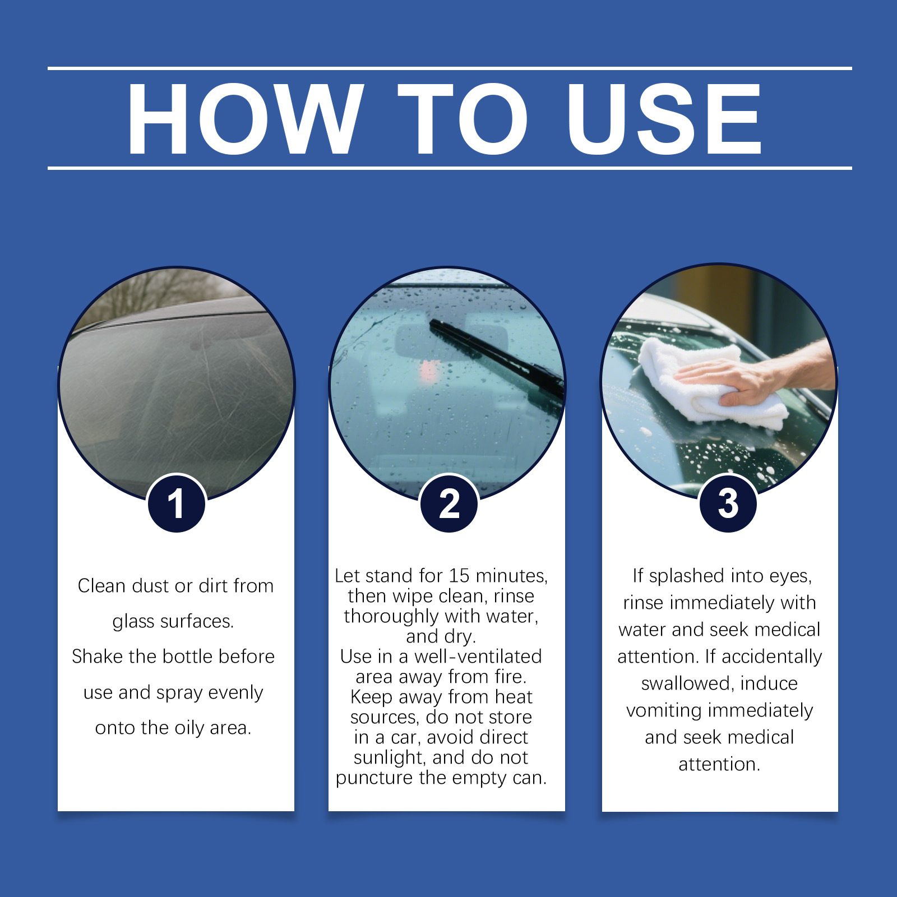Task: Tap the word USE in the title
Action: [x=664, y=119]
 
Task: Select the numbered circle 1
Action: [x=176, y=503]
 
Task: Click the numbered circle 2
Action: [x=449, y=503]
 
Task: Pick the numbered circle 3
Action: [x=728, y=503]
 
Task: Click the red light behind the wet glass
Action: [x=429, y=371]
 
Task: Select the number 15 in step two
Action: [x=459, y=576]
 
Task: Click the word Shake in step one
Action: [x=98, y=656]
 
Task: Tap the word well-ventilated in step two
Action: [x=478, y=656]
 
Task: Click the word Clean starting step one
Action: [x=101, y=585]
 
